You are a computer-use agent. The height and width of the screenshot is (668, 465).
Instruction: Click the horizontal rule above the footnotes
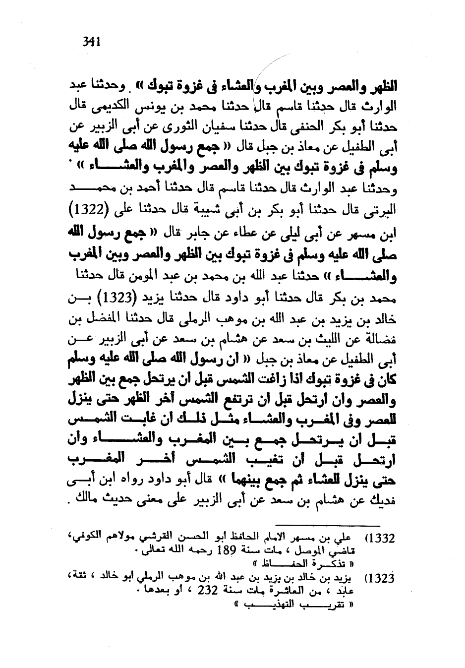click(327, 525)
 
